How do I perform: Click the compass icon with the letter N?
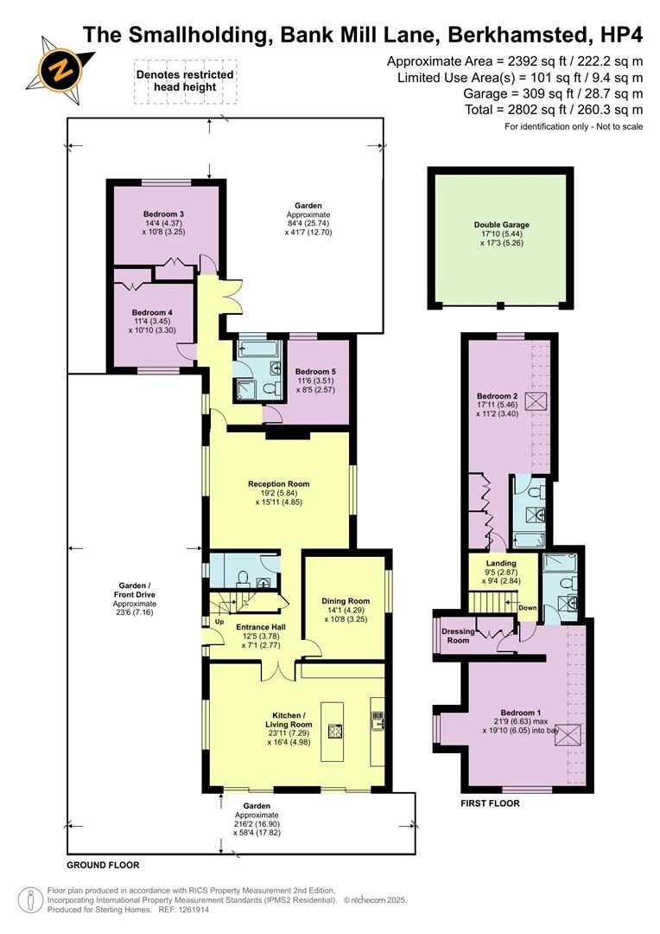tap(59, 67)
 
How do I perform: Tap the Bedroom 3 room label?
tap(164, 214)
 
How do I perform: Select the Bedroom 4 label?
tap(152, 312)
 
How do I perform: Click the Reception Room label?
tap(278, 484)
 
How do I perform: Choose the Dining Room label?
tap(346, 601)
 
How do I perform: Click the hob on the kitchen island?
tap(335, 730)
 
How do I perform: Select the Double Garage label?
tap(501, 225)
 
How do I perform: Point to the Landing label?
tap(501, 564)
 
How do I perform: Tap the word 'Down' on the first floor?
tap(527, 608)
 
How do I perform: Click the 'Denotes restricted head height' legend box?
tap(185, 80)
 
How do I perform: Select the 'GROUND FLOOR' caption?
tap(103, 865)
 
